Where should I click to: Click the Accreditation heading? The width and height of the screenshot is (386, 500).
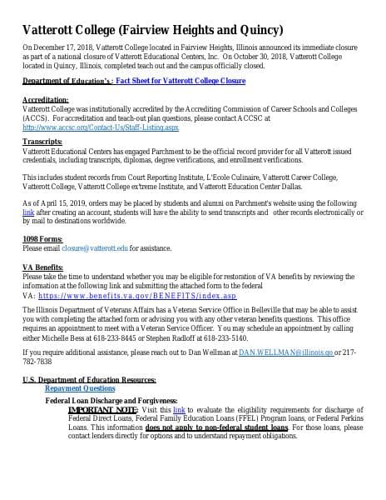point(45,122)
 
